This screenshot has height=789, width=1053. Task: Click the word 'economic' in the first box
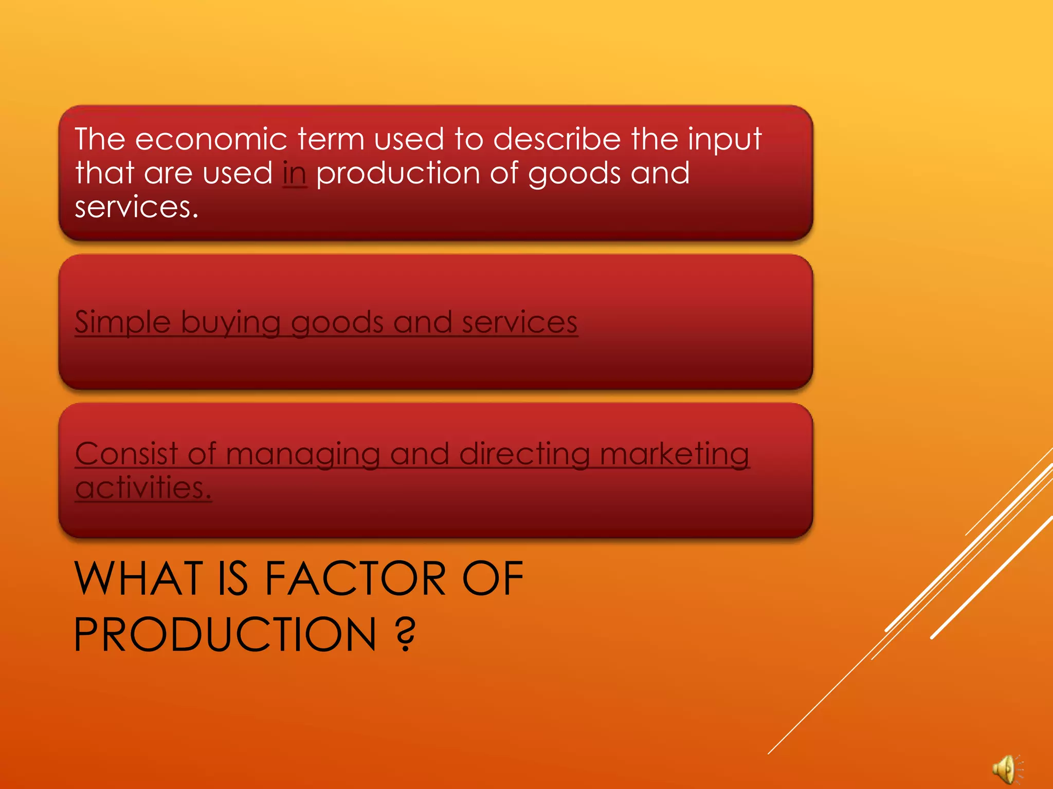pos(211,139)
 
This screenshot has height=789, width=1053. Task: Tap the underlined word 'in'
pos(295,174)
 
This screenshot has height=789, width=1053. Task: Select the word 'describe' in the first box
pos(557,139)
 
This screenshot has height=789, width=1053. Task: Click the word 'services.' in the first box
pos(136,208)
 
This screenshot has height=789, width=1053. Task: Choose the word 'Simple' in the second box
pos(122,323)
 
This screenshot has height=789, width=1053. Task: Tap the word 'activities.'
pos(143,487)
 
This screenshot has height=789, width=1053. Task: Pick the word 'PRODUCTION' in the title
pos(225,634)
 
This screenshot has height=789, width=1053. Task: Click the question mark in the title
pos(406,634)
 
